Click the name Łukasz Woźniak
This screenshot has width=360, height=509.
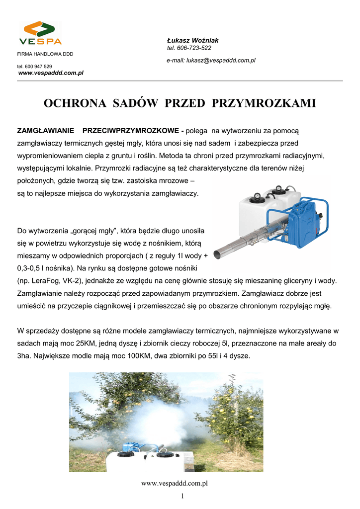(189, 40)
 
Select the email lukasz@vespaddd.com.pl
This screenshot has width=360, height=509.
(221, 60)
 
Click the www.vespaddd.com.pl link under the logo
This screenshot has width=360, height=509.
(51, 73)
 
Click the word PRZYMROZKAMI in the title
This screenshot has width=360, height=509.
(264, 103)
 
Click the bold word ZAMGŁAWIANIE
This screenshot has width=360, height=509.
(46, 131)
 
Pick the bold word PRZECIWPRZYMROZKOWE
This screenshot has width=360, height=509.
(132, 131)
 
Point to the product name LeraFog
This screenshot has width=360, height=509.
(45, 281)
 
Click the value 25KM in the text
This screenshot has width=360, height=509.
(87, 343)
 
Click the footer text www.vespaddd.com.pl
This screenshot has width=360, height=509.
(174, 483)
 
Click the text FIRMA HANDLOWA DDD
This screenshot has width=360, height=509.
(45, 54)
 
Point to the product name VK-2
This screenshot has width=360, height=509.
(72, 281)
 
